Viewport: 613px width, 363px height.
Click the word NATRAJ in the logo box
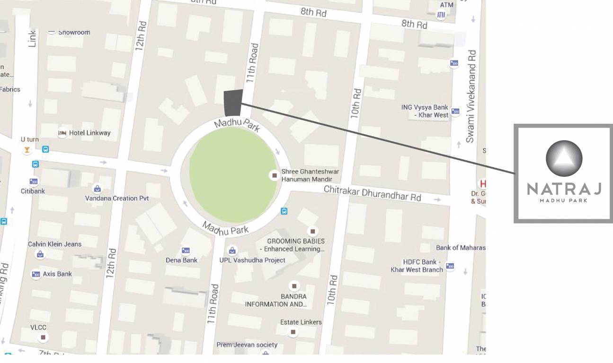pos(563,189)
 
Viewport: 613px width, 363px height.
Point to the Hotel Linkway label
pos(89,133)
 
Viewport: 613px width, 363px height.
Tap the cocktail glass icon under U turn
pos(27,150)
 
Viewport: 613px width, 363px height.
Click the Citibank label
pos(32,191)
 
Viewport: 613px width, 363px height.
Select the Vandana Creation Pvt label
pos(116,198)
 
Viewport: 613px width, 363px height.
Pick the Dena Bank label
pos(181,260)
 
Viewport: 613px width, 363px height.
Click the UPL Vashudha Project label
pos(252,260)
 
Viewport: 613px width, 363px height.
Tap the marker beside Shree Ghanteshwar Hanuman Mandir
pos(274,175)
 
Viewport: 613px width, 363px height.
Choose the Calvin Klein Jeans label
pos(54,244)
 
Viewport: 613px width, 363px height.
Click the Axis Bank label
pos(57,274)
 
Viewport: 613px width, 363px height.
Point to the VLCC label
pos(38,327)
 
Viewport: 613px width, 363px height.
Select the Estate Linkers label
pos(301,322)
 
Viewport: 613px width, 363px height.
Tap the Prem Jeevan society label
pos(247,345)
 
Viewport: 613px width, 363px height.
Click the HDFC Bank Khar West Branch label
pos(417,266)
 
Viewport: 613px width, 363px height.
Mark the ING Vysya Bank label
pos(425,111)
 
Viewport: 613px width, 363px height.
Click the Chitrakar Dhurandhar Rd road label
pos(372,193)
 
